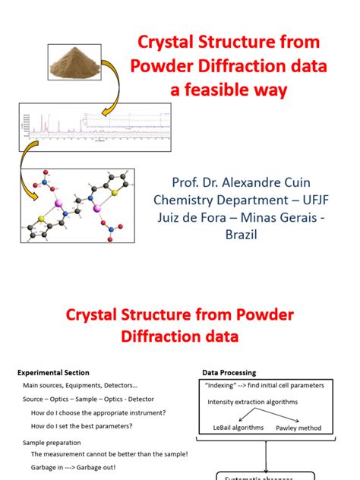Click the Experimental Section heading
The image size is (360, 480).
pos(53,373)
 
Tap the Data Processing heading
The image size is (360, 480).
pos(229,373)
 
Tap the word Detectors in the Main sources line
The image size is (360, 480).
pos(117,386)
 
